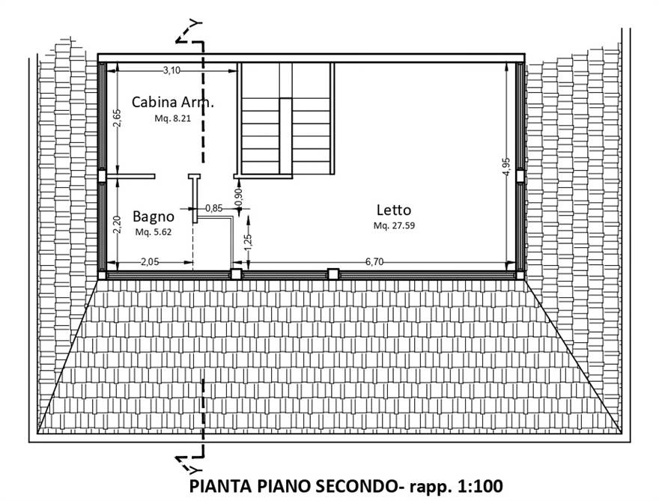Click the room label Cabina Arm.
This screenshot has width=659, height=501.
(x=172, y=102)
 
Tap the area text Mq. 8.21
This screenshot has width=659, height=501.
(x=173, y=118)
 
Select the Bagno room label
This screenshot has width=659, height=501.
(x=154, y=216)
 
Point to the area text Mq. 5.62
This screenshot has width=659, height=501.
(x=154, y=232)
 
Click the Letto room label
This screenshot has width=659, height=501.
(x=394, y=210)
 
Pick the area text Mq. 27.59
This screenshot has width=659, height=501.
(x=394, y=225)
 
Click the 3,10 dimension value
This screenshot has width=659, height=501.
(x=171, y=70)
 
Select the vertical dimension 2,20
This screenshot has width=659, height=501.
(x=116, y=224)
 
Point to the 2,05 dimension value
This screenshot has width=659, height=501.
(x=152, y=261)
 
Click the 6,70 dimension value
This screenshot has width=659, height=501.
(x=374, y=261)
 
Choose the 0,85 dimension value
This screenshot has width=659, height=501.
(x=213, y=208)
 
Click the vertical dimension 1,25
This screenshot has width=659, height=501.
(x=248, y=240)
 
